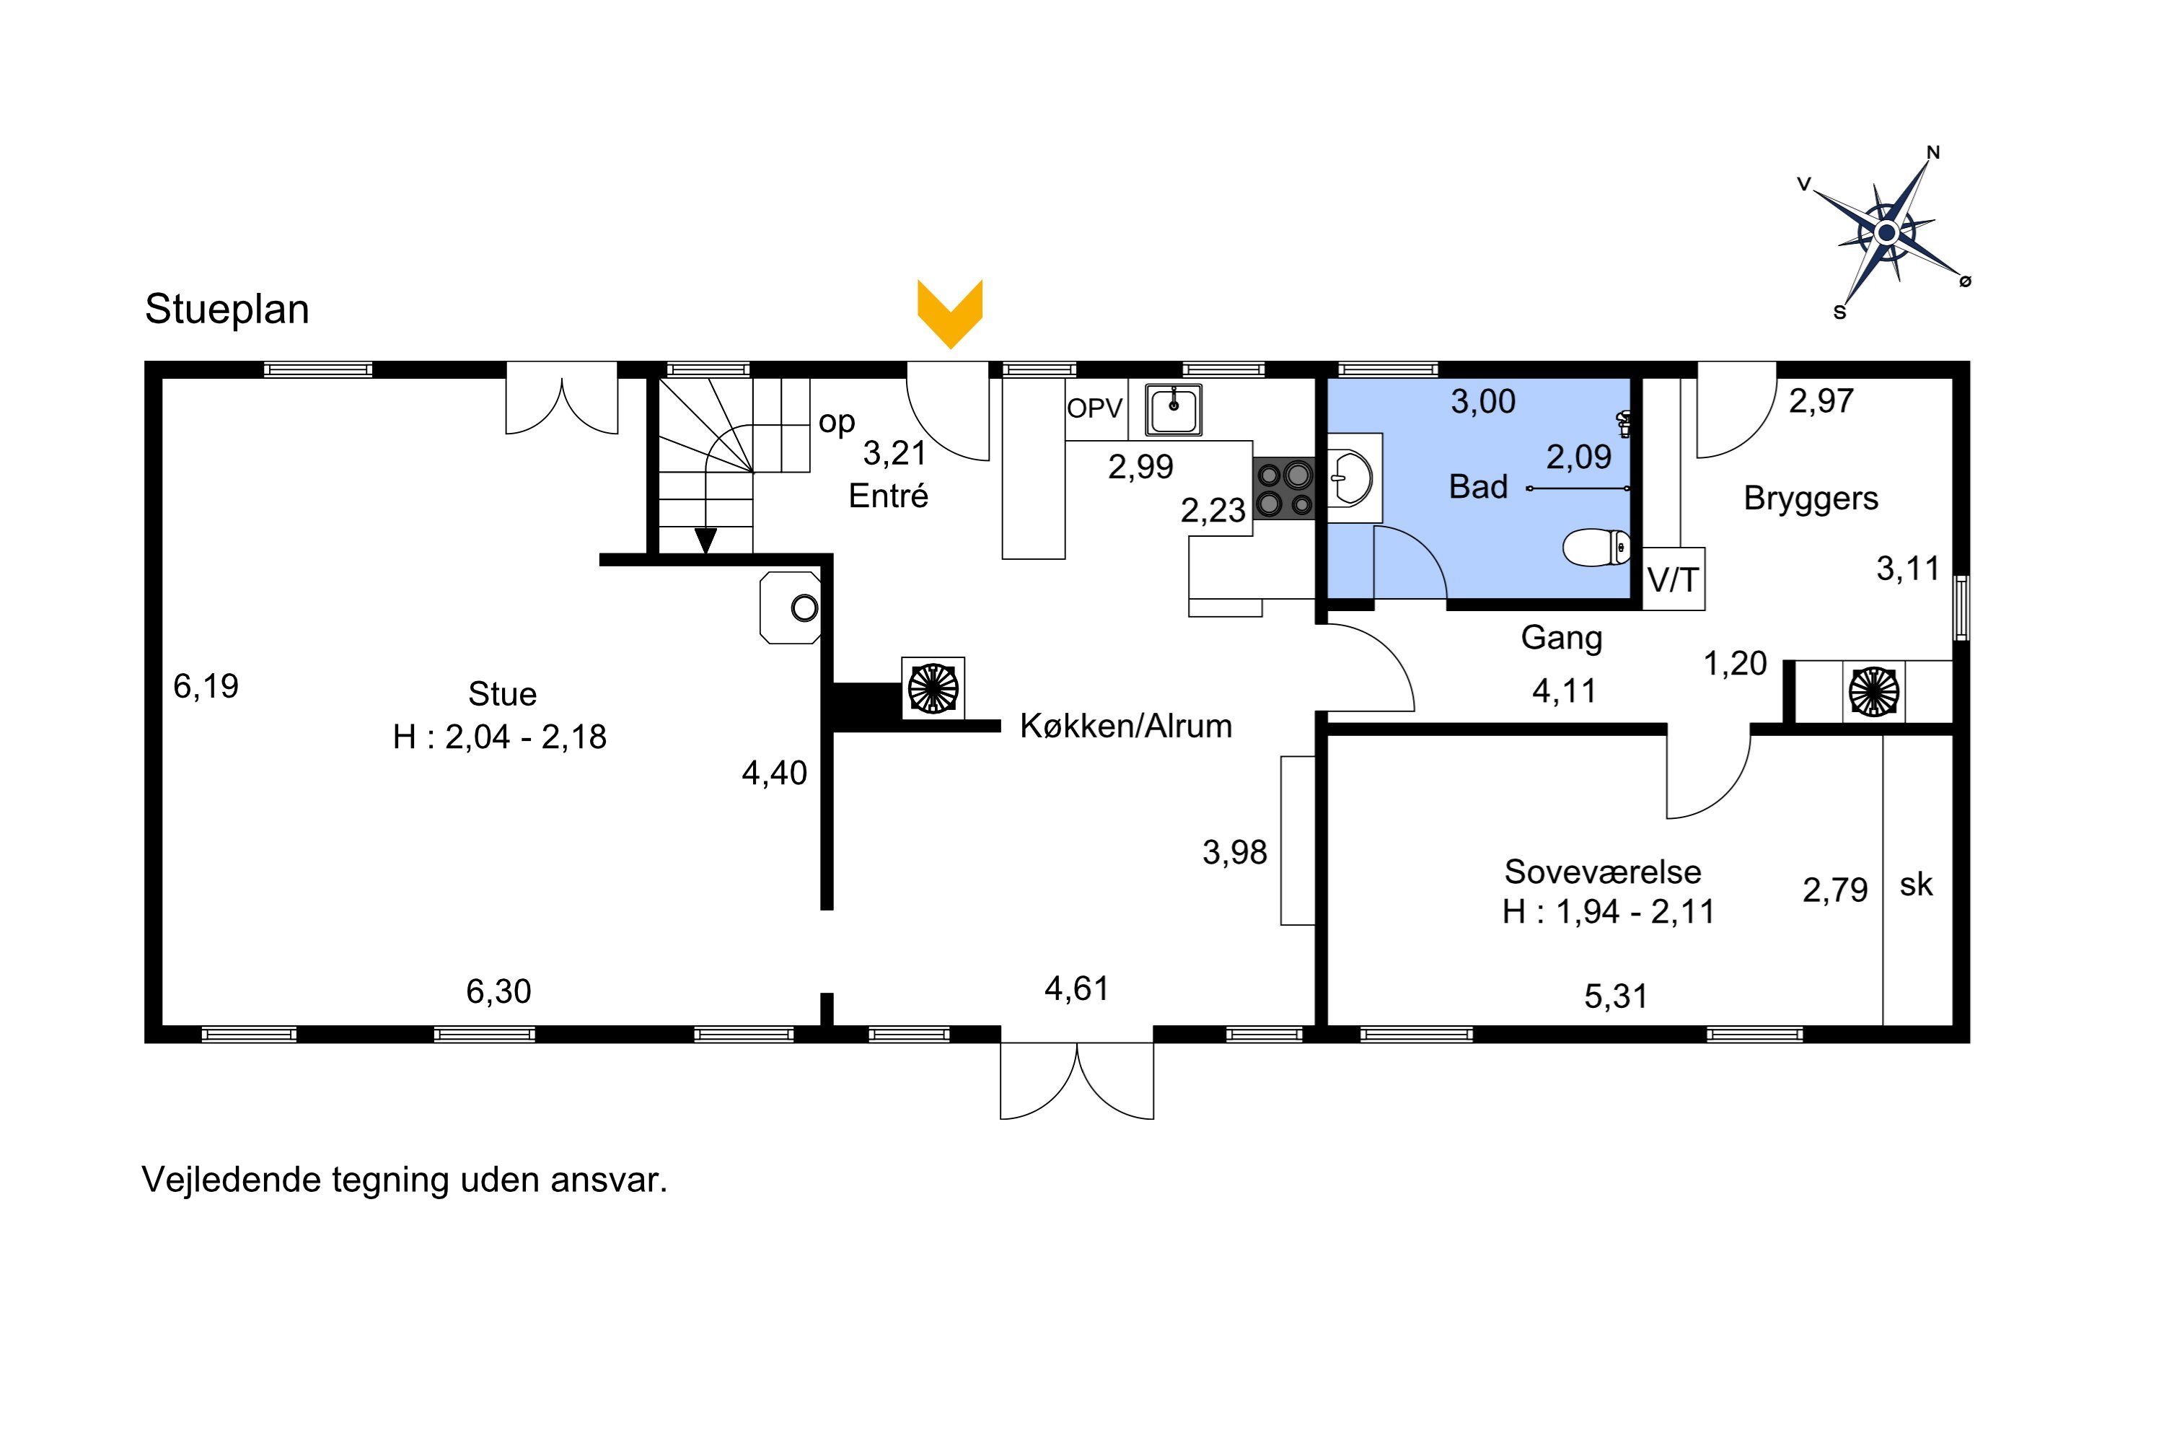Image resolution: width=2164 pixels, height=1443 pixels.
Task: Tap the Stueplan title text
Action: pos(226,310)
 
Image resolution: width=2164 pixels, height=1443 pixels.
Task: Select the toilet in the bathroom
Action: pos(1596,548)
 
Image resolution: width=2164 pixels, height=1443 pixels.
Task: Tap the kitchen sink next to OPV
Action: pos(1173,410)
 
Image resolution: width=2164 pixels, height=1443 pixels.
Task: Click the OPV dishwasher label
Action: pos(1095,408)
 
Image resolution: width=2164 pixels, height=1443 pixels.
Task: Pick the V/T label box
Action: pos(1673,579)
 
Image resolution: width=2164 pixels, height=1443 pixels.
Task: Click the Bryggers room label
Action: pos(1811,499)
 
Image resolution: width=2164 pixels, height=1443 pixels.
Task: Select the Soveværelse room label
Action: pos(1603,871)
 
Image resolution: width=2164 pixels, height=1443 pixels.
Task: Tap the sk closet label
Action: pos(1917,885)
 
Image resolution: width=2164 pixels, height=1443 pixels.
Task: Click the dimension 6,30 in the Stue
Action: pos(498,991)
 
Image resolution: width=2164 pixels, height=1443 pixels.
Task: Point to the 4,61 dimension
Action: pos(1076,988)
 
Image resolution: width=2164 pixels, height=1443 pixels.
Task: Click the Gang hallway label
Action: pos(1562,638)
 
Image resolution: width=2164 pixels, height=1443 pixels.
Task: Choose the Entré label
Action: pos(888,496)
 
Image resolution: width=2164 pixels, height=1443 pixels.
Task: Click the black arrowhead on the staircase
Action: pos(705,541)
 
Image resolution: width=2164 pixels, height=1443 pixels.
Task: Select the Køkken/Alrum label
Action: pos(1126,726)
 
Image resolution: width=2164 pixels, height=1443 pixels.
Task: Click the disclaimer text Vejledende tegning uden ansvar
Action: pos(405,1180)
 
